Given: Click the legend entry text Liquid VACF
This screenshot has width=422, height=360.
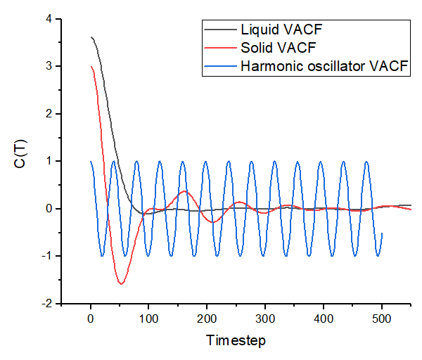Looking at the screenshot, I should pyautogui.click(x=275, y=31).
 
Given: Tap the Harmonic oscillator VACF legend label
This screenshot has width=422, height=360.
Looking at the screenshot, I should pyautogui.click(x=325, y=67).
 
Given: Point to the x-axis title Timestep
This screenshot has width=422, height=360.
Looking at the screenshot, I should pyautogui.click(x=236, y=340).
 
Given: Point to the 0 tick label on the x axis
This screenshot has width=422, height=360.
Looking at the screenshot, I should pyautogui.click(x=91, y=319).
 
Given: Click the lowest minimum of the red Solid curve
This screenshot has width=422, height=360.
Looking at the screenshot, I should pyautogui.click(x=122, y=284).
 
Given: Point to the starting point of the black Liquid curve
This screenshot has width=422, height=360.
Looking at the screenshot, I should pyautogui.click(x=91, y=37).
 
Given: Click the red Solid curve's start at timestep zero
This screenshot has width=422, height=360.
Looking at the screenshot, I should pyautogui.click(x=91, y=67).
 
